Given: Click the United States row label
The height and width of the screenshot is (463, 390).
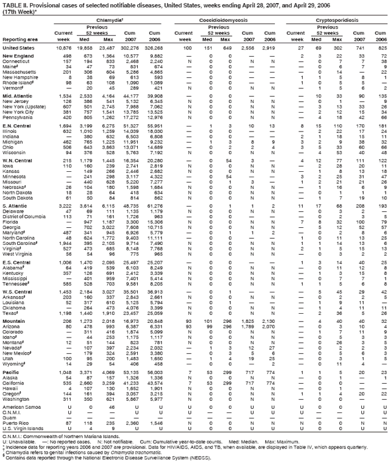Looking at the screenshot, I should tap(18, 47).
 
